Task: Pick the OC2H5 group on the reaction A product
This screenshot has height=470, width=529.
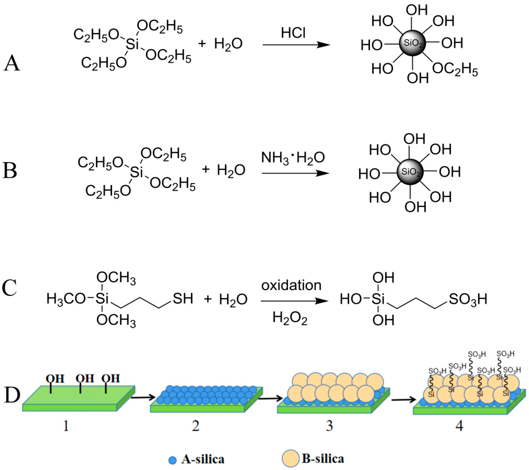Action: pos(455,70)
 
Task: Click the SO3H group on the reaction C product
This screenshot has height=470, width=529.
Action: pos(468,299)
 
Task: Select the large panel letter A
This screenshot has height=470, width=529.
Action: pos(12,63)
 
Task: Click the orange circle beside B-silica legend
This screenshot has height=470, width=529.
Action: pos(290,458)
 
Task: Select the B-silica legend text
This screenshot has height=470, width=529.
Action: pos(323,459)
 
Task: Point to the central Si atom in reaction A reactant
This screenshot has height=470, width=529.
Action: pos(132,44)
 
